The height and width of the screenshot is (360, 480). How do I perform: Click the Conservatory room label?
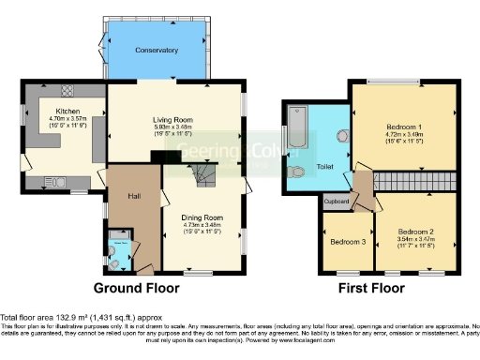click(x=156, y=50)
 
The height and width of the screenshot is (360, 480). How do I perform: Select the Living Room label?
click(x=172, y=120)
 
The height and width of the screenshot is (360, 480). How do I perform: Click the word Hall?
click(x=134, y=196)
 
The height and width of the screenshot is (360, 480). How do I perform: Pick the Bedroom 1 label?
click(x=404, y=127)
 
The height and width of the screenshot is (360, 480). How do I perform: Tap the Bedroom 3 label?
click(x=348, y=241)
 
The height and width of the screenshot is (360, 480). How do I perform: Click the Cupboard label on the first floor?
click(x=337, y=201)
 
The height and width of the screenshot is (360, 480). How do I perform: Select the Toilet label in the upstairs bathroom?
click(x=325, y=167)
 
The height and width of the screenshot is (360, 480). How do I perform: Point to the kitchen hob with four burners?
click(x=67, y=91)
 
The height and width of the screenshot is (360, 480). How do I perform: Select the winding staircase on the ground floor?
click(x=201, y=174)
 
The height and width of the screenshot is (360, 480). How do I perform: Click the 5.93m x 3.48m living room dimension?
click(x=172, y=127)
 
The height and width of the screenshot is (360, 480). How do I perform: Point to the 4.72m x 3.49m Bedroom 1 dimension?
click(x=404, y=134)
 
